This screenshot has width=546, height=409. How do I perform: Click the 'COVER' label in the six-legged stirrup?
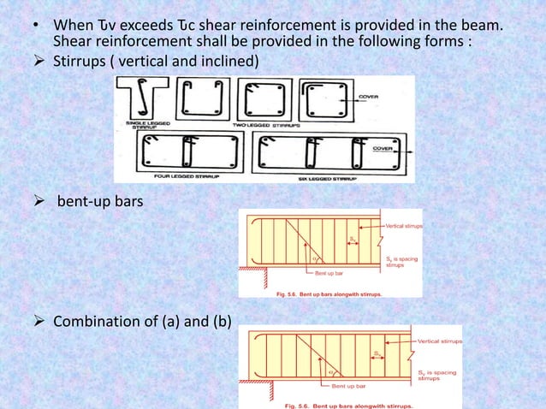pos(387,148)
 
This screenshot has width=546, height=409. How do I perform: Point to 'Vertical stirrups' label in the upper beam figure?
pos(397,225)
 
